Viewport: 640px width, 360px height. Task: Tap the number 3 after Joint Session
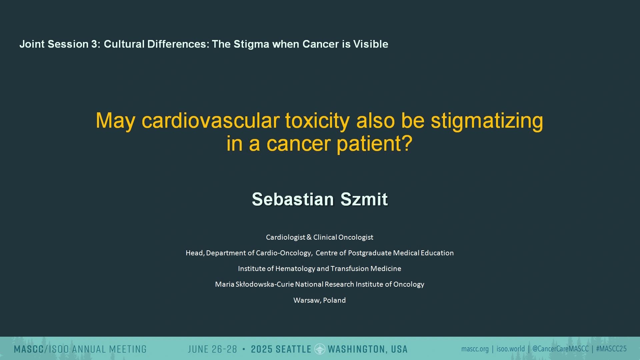tap(95, 44)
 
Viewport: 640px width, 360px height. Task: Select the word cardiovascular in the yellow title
tap(211, 120)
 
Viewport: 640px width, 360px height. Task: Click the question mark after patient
tap(408, 143)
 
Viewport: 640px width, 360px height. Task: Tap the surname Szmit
tap(364, 199)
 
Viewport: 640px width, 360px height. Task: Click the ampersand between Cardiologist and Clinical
tap(309, 237)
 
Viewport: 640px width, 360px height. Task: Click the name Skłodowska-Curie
tap(265, 284)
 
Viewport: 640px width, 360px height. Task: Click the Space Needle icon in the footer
tap(320, 349)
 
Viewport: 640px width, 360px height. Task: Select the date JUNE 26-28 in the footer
tap(212, 349)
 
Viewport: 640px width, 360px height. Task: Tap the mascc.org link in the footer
tap(475, 349)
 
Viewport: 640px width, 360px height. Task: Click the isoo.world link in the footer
tap(511, 349)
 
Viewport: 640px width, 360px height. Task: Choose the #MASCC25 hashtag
tap(611, 349)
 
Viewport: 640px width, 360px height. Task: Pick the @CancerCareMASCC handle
tap(560, 349)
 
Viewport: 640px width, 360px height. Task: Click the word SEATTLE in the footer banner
tap(293, 349)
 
